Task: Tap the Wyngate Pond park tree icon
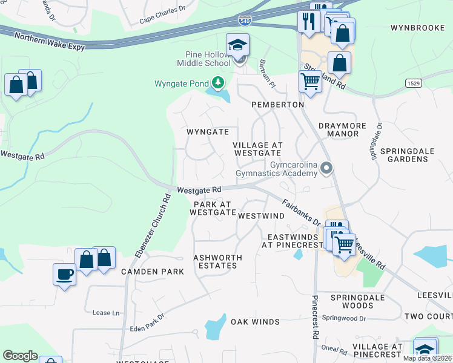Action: [217, 83]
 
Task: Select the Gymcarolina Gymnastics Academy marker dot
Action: [327, 168]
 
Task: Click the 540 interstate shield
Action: [245, 20]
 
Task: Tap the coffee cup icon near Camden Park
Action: [64, 274]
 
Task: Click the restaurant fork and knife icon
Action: [309, 21]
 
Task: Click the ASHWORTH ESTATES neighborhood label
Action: [217, 261]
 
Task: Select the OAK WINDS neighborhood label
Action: [255, 322]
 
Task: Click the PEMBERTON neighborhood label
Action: [278, 105]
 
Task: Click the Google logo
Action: [20, 356]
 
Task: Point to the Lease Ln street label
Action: [105, 313]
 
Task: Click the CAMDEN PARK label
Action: [153, 272]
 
